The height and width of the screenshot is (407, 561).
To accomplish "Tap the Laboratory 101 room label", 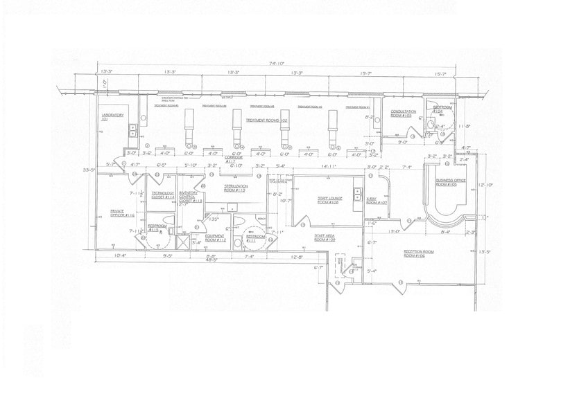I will coord(107,117).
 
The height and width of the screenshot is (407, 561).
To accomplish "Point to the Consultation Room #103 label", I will coord(403,114).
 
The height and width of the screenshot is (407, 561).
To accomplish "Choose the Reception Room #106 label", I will coord(419,253).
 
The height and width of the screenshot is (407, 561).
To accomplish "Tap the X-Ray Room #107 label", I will coord(375,201).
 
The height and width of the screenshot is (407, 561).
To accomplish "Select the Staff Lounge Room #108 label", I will coord(327,201).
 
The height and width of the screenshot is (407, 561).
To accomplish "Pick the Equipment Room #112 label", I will coord(215,237).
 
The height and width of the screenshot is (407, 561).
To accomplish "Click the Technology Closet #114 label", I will coord(164,195).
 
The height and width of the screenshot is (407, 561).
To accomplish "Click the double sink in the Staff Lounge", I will coord(356,191).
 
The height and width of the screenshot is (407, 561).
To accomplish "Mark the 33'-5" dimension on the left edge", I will coord(87,169).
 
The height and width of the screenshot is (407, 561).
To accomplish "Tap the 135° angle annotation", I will coord(214,219).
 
